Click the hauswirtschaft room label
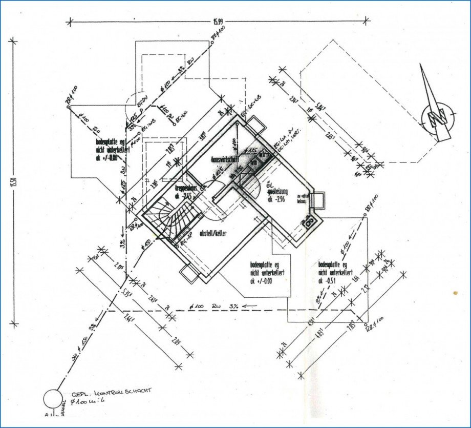227,160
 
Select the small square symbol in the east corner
310,222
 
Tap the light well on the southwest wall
188,274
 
